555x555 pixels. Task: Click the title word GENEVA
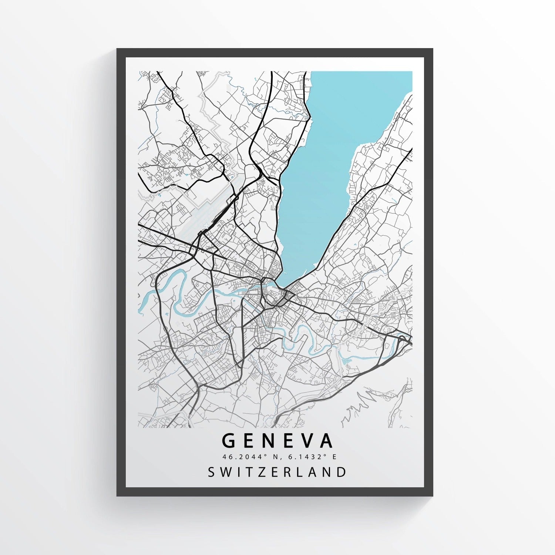[277, 441]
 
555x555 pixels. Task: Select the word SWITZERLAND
[277, 472]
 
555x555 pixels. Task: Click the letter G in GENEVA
[229, 441]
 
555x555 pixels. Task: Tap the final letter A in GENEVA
[326, 441]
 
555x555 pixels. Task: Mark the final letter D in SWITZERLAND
[342, 472]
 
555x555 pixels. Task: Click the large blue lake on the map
[333, 148]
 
